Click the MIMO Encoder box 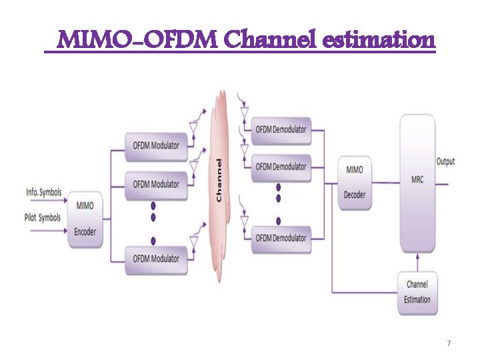pyautogui.click(x=85, y=219)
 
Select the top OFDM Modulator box pyautogui.click(x=156, y=146)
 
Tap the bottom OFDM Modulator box pyautogui.click(x=156, y=258)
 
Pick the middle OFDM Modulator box pyautogui.click(x=156, y=184)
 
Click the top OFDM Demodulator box pyautogui.click(x=281, y=129)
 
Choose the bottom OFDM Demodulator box pyautogui.click(x=281, y=238)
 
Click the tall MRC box pyautogui.click(x=417, y=181)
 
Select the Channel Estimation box pyautogui.click(x=417, y=291)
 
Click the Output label pyautogui.click(x=446, y=161)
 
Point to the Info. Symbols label pyautogui.click(x=44, y=193)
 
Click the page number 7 pyautogui.click(x=449, y=343)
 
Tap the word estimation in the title pyautogui.click(x=379, y=41)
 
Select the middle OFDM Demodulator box pyautogui.click(x=281, y=166)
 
